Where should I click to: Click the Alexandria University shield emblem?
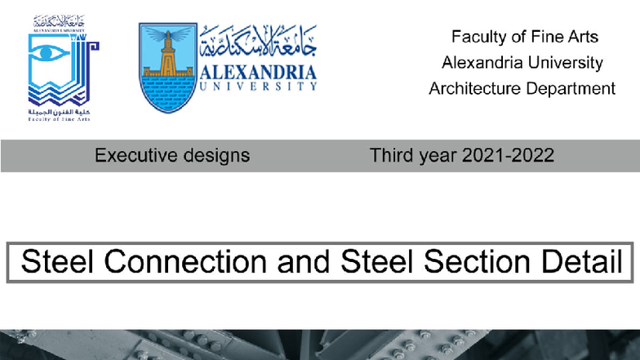167,67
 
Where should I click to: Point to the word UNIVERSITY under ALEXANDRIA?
256,85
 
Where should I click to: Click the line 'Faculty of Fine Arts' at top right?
524,37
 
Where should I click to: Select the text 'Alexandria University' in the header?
522,62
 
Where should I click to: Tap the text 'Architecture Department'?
522,88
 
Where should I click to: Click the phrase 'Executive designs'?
172,155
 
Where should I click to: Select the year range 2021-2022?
507,155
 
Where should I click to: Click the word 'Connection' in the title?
186,262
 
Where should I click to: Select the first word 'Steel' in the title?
58,262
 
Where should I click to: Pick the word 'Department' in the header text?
571,88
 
